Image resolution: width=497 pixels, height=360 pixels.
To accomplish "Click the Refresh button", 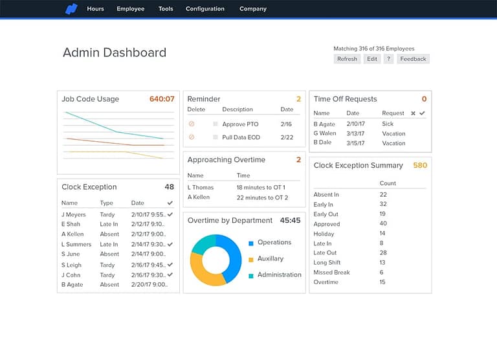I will (347, 59).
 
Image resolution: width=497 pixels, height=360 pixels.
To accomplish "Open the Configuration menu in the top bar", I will (205, 9).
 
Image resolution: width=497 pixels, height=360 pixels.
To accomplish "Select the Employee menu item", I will (130, 9).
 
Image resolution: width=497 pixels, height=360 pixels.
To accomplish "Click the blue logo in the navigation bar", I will (71, 9).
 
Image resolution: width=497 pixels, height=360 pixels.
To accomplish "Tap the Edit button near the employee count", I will (371, 59).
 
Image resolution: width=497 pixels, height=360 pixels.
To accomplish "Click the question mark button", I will (388, 59).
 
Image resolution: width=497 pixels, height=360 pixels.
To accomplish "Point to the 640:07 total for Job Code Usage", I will (162, 99).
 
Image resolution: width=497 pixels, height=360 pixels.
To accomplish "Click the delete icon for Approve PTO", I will (192, 124).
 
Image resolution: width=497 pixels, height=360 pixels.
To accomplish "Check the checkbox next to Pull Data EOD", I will (215, 137).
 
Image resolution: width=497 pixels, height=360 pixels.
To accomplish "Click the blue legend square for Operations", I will (251, 243).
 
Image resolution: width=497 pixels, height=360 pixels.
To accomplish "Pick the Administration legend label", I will (279, 275).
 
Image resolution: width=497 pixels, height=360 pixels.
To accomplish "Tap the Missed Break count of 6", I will (382, 273).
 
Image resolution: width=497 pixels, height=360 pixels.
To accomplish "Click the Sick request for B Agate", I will (388, 124).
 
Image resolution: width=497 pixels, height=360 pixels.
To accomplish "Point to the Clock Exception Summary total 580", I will (420, 165).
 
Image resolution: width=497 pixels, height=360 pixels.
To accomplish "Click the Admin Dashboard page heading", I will (115, 53).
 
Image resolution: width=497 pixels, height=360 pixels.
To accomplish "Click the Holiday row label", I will (324, 234).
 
